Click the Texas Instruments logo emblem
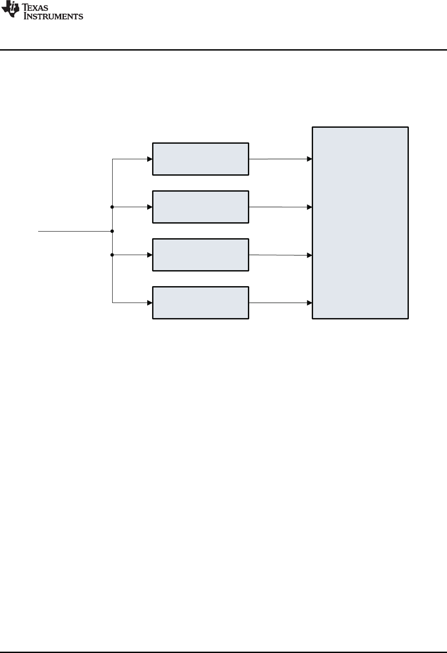click(8, 10)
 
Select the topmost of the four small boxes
click(200, 159)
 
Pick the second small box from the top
click(200, 207)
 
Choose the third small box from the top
click(200, 255)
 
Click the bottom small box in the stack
click(200, 303)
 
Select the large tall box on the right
click(360, 223)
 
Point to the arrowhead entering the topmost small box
click(150, 159)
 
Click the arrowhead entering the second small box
click(150, 207)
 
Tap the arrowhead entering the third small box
click(150, 255)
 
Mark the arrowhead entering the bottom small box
click(150, 303)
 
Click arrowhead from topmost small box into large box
click(310, 159)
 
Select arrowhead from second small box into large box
click(310, 207)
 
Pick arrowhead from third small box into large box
click(310, 255)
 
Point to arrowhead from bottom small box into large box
click(310, 303)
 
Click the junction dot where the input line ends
click(112, 231)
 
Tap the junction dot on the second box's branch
click(112, 207)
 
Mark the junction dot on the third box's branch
click(112, 255)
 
